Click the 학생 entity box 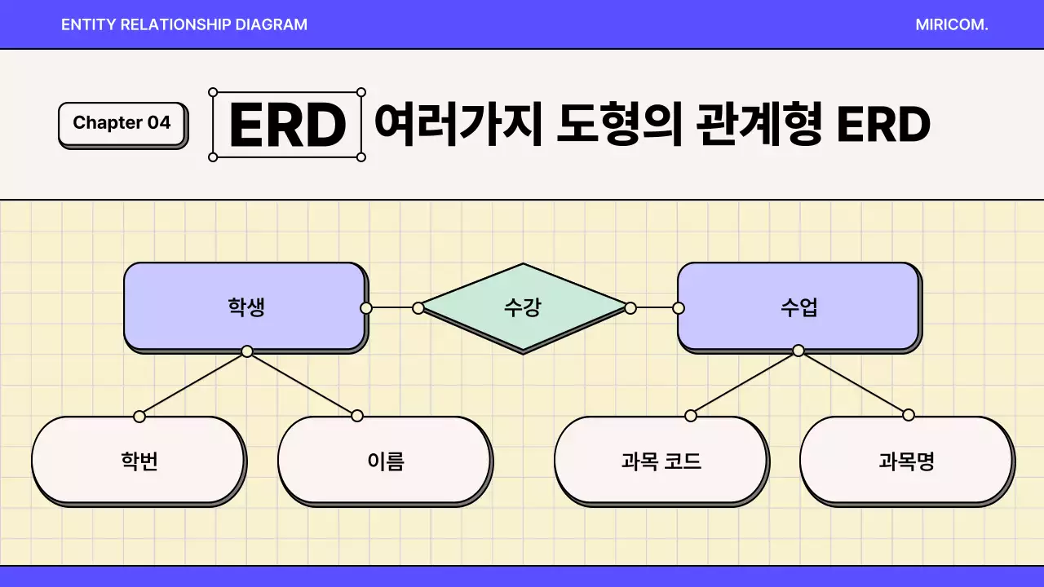(x=244, y=307)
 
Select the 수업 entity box (x=798, y=307)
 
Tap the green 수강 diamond (x=523, y=307)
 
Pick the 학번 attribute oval (x=138, y=461)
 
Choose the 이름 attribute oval (x=384, y=461)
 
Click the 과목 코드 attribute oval (x=661, y=461)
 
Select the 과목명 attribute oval (x=906, y=461)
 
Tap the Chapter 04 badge (x=122, y=123)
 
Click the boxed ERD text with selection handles (x=287, y=125)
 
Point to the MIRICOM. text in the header (x=951, y=24)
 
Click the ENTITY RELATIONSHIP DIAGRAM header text (x=184, y=24)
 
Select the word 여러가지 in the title (x=458, y=125)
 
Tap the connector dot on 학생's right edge (x=366, y=307)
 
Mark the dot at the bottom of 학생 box (x=247, y=351)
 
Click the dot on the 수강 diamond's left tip (x=418, y=307)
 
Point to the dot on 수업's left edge (x=679, y=307)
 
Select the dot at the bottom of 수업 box (x=798, y=351)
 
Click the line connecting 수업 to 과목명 (x=853, y=382)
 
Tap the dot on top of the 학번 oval (x=139, y=416)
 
